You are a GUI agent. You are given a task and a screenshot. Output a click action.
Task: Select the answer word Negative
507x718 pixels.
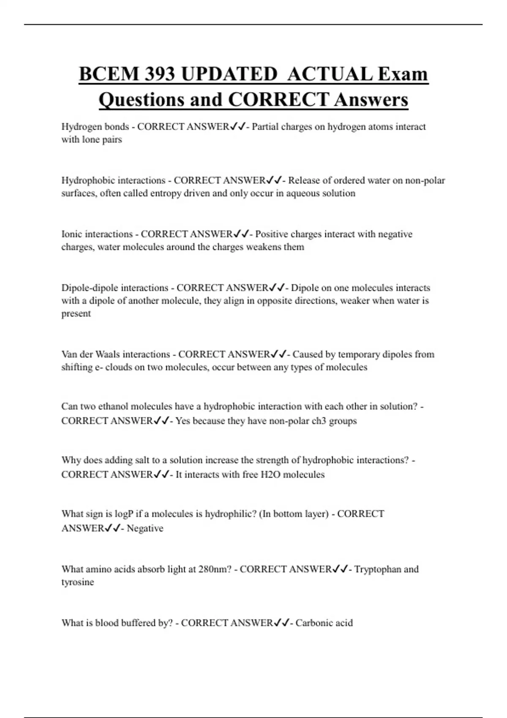[145, 528]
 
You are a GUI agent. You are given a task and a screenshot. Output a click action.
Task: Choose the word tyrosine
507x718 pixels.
[77, 582]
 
